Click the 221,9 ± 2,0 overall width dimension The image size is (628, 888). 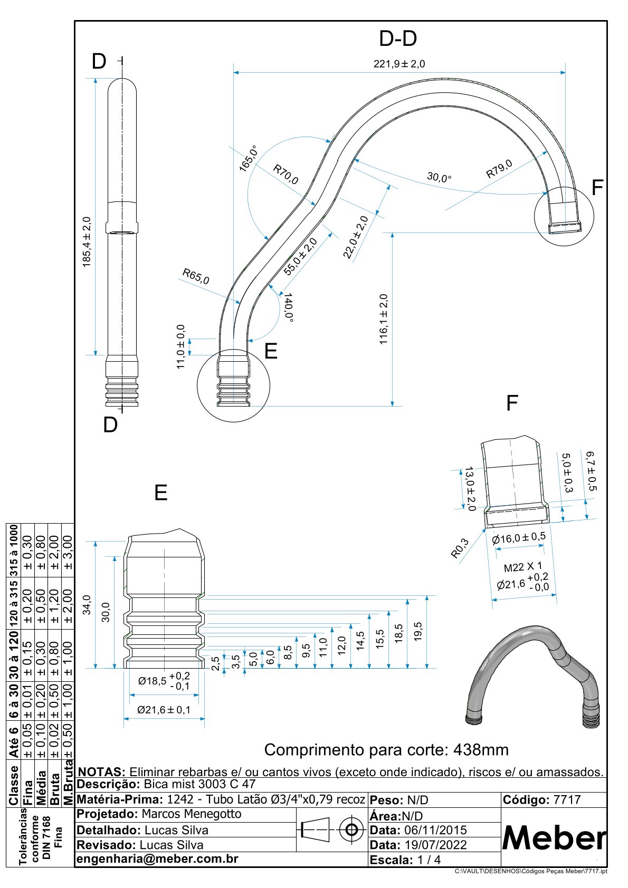(399, 64)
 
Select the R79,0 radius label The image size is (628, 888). (499, 169)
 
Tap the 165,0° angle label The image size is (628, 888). (249, 158)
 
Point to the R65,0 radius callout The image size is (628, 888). (196, 276)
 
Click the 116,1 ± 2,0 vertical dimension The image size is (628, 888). (383, 319)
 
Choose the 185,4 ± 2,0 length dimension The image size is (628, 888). (87, 242)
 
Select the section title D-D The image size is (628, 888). (398, 39)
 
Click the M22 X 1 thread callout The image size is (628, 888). (522, 567)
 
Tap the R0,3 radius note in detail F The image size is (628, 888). (460, 548)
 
